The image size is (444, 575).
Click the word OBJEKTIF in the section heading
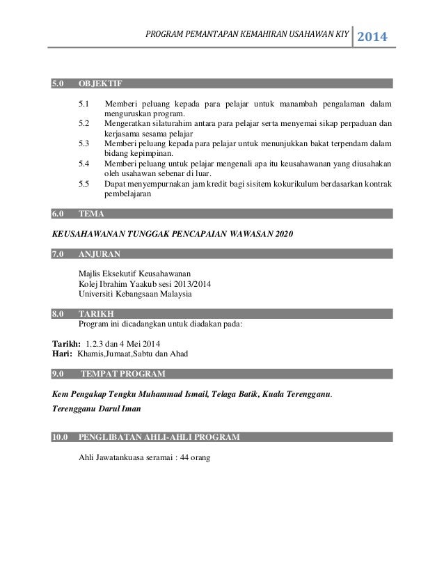tap(101, 85)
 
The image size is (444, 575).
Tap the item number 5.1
tap(84, 104)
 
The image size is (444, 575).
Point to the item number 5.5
tap(84, 184)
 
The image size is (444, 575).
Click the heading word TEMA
tap(91, 214)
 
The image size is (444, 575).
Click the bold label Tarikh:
tap(66, 343)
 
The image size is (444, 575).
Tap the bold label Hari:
tap(63, 354)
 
